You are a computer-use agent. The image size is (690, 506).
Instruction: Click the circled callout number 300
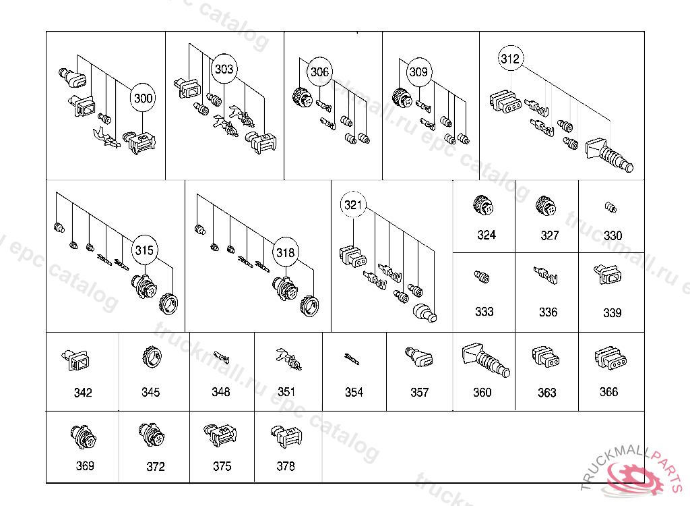point(143,99)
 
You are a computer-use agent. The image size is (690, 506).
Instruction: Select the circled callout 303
point(224,69)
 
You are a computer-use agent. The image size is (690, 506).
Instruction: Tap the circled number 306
point(320,72)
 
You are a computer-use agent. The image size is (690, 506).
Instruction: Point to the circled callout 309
point(418,72)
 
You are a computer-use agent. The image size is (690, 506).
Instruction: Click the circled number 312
point(510,59)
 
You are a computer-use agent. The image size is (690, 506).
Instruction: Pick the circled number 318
point(285,252)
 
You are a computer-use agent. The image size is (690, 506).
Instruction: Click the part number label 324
point(486,235)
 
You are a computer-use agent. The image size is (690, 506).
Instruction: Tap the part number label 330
point(613,236)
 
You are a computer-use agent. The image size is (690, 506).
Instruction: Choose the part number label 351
point(286,392)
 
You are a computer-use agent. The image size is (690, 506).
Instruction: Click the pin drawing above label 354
point(353,358)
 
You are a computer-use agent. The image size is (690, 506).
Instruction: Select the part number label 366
point(608,392)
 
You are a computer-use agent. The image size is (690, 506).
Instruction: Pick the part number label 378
point(286,466)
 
